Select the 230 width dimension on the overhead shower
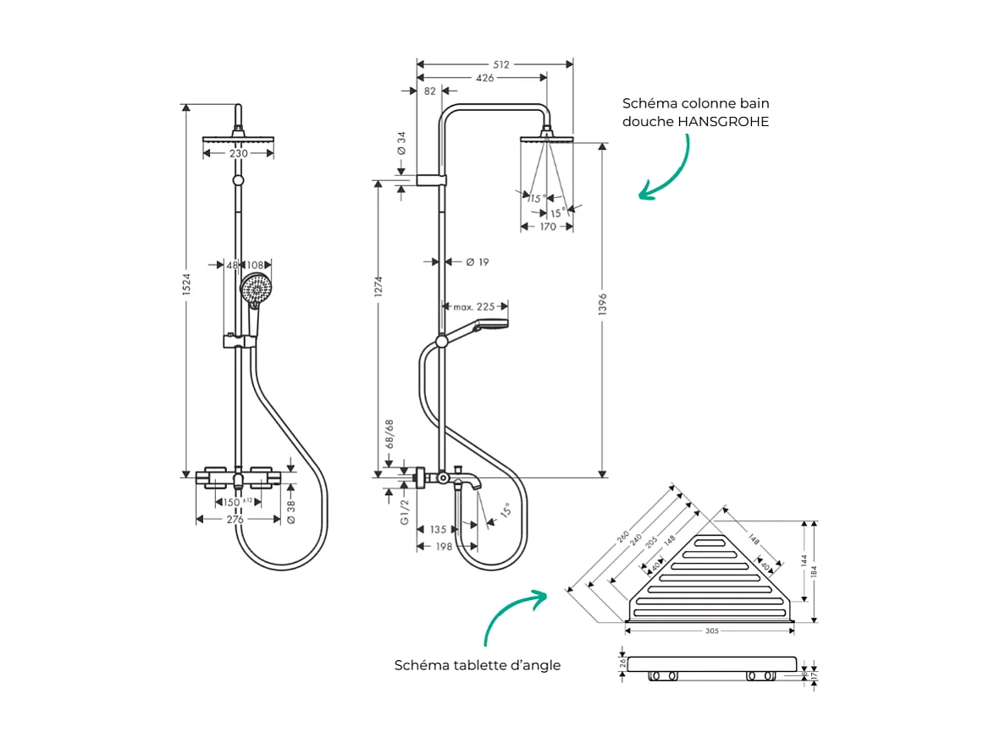coord(238,153)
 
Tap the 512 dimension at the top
coord(500,64)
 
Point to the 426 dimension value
coord(484,78)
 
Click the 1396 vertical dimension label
coord(602,311)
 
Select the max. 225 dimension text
coord(473,307)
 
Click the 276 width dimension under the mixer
coord(235,519)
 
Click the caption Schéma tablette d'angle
coord(478,665)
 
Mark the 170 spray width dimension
coord(547,227)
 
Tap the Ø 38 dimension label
coord(291,510)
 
